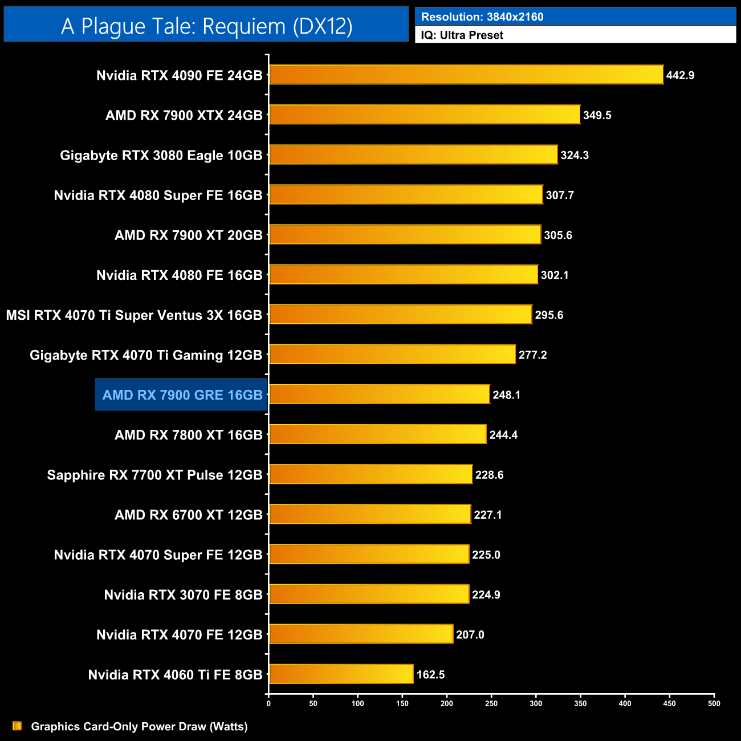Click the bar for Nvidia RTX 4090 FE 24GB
click(x=466, y=75)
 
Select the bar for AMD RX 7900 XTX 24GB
click(x=425, y=115)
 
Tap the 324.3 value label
click(x=575, y=155)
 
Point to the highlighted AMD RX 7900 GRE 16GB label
click(x=182, y=394)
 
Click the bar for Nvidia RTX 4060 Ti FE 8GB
click(x=341, y=674)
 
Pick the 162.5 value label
click(x=430, y=674)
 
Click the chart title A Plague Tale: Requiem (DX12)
click(x=206, y=26)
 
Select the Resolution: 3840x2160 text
click(x=482, y=17)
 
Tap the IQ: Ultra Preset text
click(x=462, y=35)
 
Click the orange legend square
click(x=17, y=726)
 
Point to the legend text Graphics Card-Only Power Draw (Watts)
click(x=139, y=726)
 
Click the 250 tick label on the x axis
click(x=491, y=703)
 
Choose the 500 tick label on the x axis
click(x=714, y=703)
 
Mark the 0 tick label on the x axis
click(x=268, y=703)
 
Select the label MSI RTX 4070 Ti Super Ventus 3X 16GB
click(x=134, y=315)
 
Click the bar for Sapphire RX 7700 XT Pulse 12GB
click(x=370, y=474)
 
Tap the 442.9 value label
click(x=680, y=75)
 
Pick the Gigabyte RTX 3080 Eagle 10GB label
click(x=161, y=155)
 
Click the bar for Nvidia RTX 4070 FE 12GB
click(x=361, y=634)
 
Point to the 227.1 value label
click(x=488, y=515)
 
